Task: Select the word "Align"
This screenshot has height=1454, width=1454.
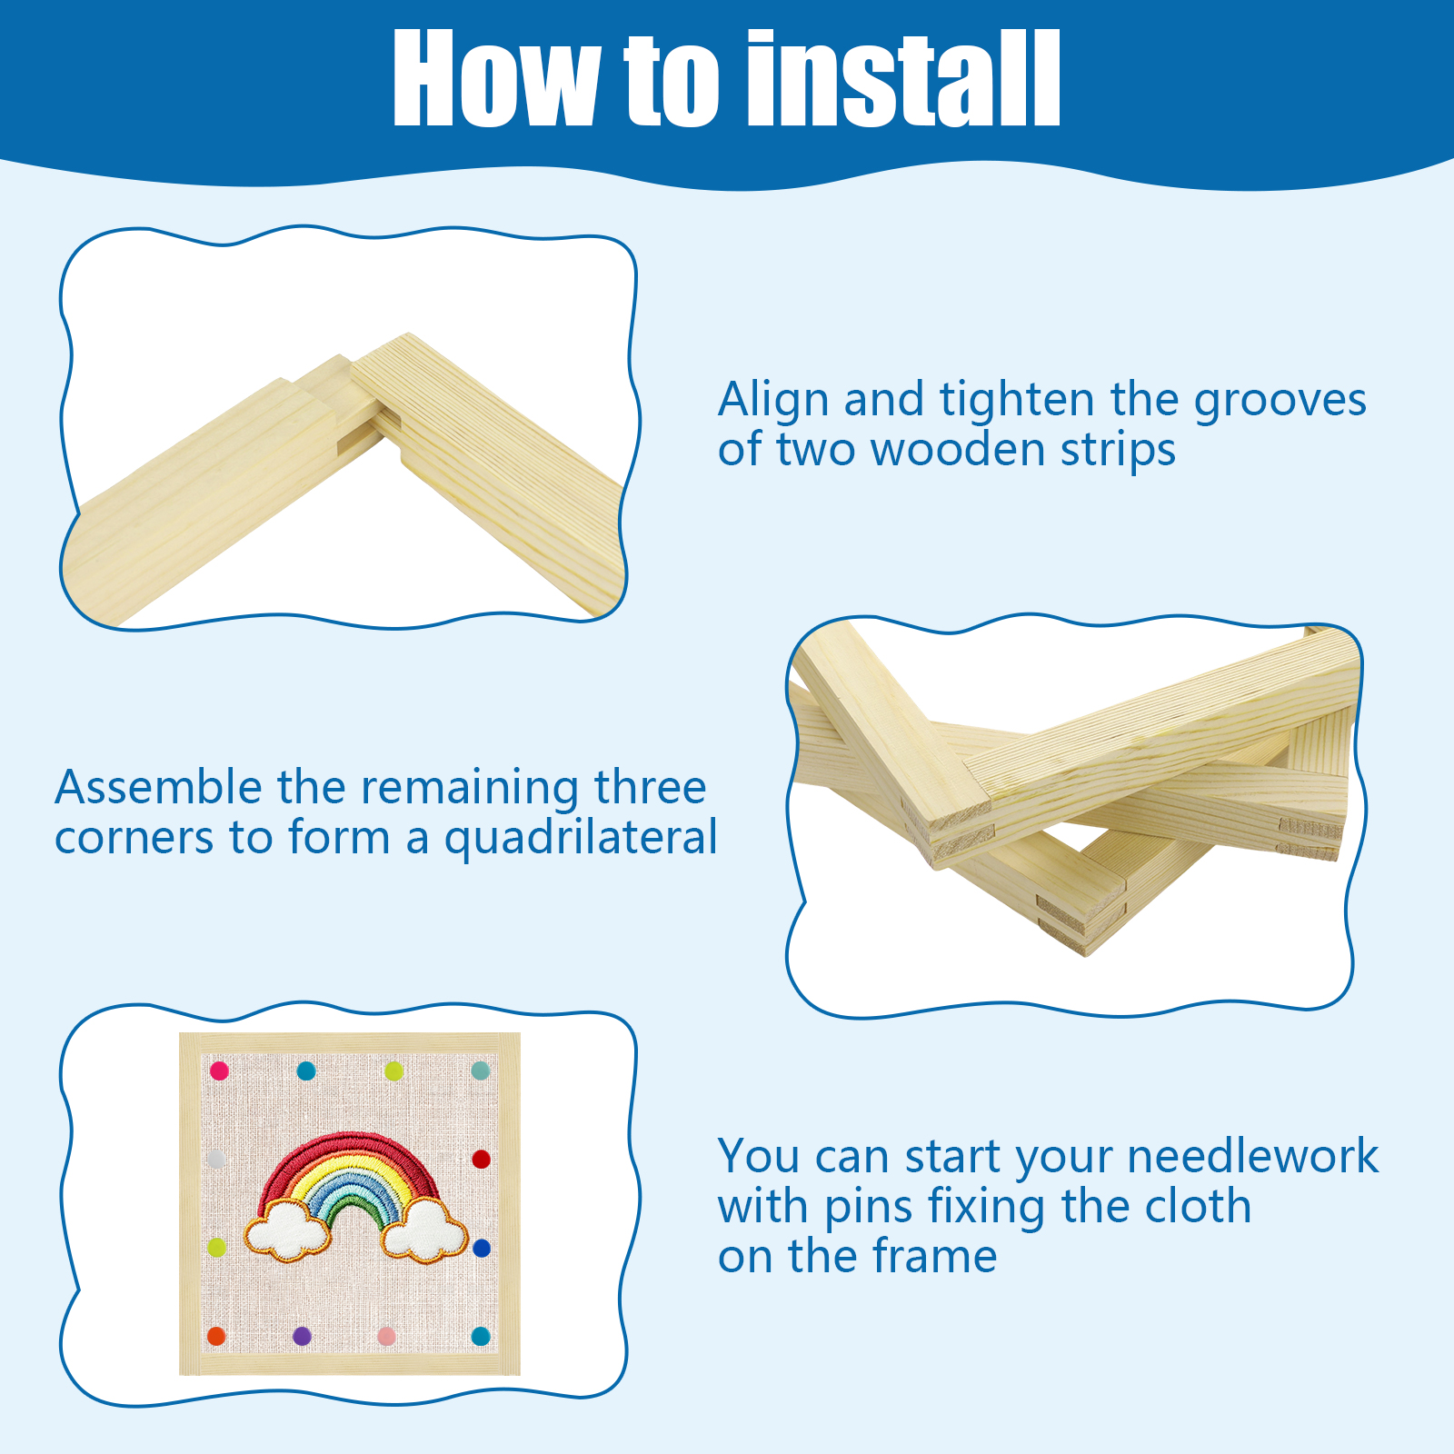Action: tap(774, 401)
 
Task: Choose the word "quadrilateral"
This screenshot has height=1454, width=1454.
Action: tap(581, 839)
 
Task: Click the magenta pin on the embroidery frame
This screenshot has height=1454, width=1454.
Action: tap(219, 1071)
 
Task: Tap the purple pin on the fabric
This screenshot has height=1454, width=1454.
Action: tap(302, 1336)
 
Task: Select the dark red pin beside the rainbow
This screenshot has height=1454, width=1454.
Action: tap(481, 1159)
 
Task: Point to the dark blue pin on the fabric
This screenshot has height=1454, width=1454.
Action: tap(482, 1248)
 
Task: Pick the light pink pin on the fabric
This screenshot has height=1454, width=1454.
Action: tap(386, 1337)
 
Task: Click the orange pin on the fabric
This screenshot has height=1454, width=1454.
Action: tap(216, 1336)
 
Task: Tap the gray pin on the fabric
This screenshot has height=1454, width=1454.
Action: tap(215, 1160)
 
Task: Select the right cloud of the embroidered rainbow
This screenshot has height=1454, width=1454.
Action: tap(424, 1232)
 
